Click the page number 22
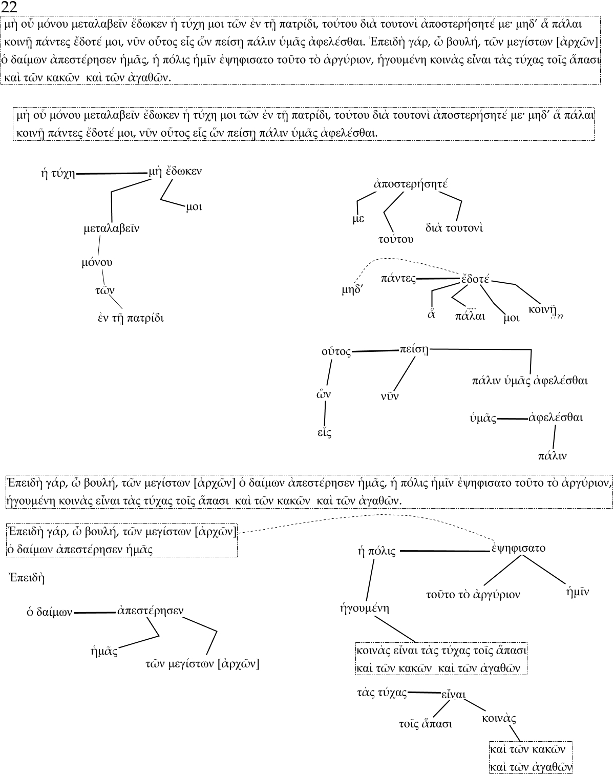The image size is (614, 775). [9, 7]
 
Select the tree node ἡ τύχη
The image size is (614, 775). [58, 174]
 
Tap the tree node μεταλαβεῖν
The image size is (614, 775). [111, 229]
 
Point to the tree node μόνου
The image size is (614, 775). [97, 263]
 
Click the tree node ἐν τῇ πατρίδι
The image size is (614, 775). [131, 318]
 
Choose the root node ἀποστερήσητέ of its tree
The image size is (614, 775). [411, 184]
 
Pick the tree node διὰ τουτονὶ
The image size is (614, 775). [454, 228]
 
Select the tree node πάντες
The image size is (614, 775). [398, 279]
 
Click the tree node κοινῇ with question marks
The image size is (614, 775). [543, 310]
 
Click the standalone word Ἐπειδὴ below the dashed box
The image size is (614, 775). [27, 578]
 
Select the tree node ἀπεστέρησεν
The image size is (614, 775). [151, 611]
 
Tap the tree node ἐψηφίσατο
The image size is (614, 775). [518, 548]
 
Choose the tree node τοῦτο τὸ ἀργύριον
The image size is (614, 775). [473, 595]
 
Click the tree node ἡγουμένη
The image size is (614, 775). [365, 609]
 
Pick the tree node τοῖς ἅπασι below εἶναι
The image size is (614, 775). [426, 724]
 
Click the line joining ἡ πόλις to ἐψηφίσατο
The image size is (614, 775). [444, 551]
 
